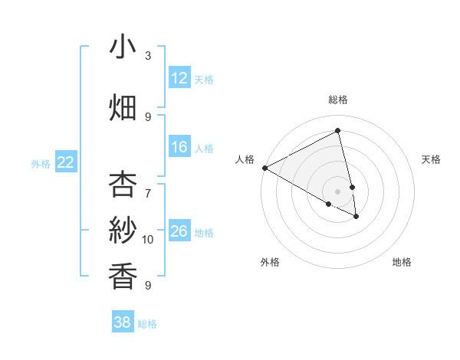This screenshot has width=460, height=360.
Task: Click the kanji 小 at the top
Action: (x=123, y=47)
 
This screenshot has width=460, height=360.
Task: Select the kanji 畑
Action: (x=123, y=107)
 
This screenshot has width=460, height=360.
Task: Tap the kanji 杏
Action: (x=123, y=185)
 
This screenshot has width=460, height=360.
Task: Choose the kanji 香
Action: (x=123, y=275)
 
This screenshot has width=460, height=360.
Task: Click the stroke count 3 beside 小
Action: (x=148, y=56)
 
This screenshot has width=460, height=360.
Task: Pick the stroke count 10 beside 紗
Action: (x=148, y=240)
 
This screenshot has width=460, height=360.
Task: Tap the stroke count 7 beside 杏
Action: (x=148, y=185)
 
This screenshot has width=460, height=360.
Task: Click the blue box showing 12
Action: (x=179, y=78)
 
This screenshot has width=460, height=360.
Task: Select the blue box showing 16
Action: (x=179, y=147)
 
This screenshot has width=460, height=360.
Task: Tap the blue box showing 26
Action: (x=179, y=231)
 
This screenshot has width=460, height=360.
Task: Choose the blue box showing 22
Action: (x=66, y=162)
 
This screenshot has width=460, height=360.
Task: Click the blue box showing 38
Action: (x=123, y=322)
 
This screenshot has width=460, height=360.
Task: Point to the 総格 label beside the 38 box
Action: (x=147, y=324)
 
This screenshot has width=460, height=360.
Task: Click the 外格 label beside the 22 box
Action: (x=41, y=163)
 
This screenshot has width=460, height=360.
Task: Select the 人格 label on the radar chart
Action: (x=245, y=159)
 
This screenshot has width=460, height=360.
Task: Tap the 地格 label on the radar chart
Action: (x=402, y=262)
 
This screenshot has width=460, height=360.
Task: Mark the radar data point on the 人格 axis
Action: (x=264, y=168)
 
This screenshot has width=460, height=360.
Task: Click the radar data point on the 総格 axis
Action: (x=337, y=130)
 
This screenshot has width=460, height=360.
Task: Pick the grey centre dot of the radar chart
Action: (x=337, y=191)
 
